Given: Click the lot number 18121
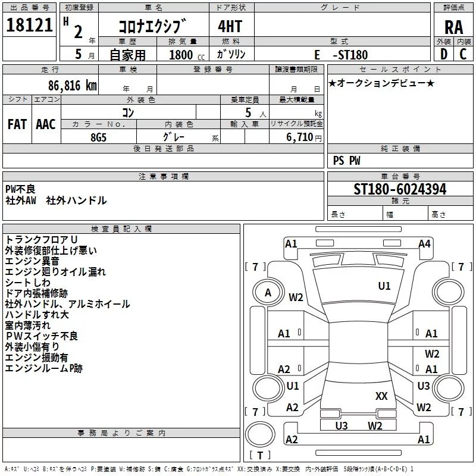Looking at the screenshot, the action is click(29, 25).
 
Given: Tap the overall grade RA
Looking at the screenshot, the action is click(453, 27).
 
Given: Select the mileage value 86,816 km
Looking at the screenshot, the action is click(73, 86).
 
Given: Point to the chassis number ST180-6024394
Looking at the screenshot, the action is click(400, 189).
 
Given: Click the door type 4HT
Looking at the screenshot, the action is click(230, 26).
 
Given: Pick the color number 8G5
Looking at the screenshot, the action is click(98, 137).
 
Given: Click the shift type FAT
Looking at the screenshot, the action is click(17, 124).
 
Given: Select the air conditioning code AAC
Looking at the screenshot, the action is click(46, 124).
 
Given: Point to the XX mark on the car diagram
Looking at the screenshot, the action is click(381, 396).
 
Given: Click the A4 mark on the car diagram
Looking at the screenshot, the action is click(424, 244).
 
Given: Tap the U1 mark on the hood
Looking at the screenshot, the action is click(384, 286).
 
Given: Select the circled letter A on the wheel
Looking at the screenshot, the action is click(268, 293).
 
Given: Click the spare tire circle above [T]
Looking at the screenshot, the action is click(260, 434).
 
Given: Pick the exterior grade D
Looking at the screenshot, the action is click(444, 54).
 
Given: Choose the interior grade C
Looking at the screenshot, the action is click(463, 54).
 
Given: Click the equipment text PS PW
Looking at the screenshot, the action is click(346, 161).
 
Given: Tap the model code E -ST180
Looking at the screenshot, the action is click(341, 55).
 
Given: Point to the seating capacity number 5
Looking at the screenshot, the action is click(248, 112).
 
